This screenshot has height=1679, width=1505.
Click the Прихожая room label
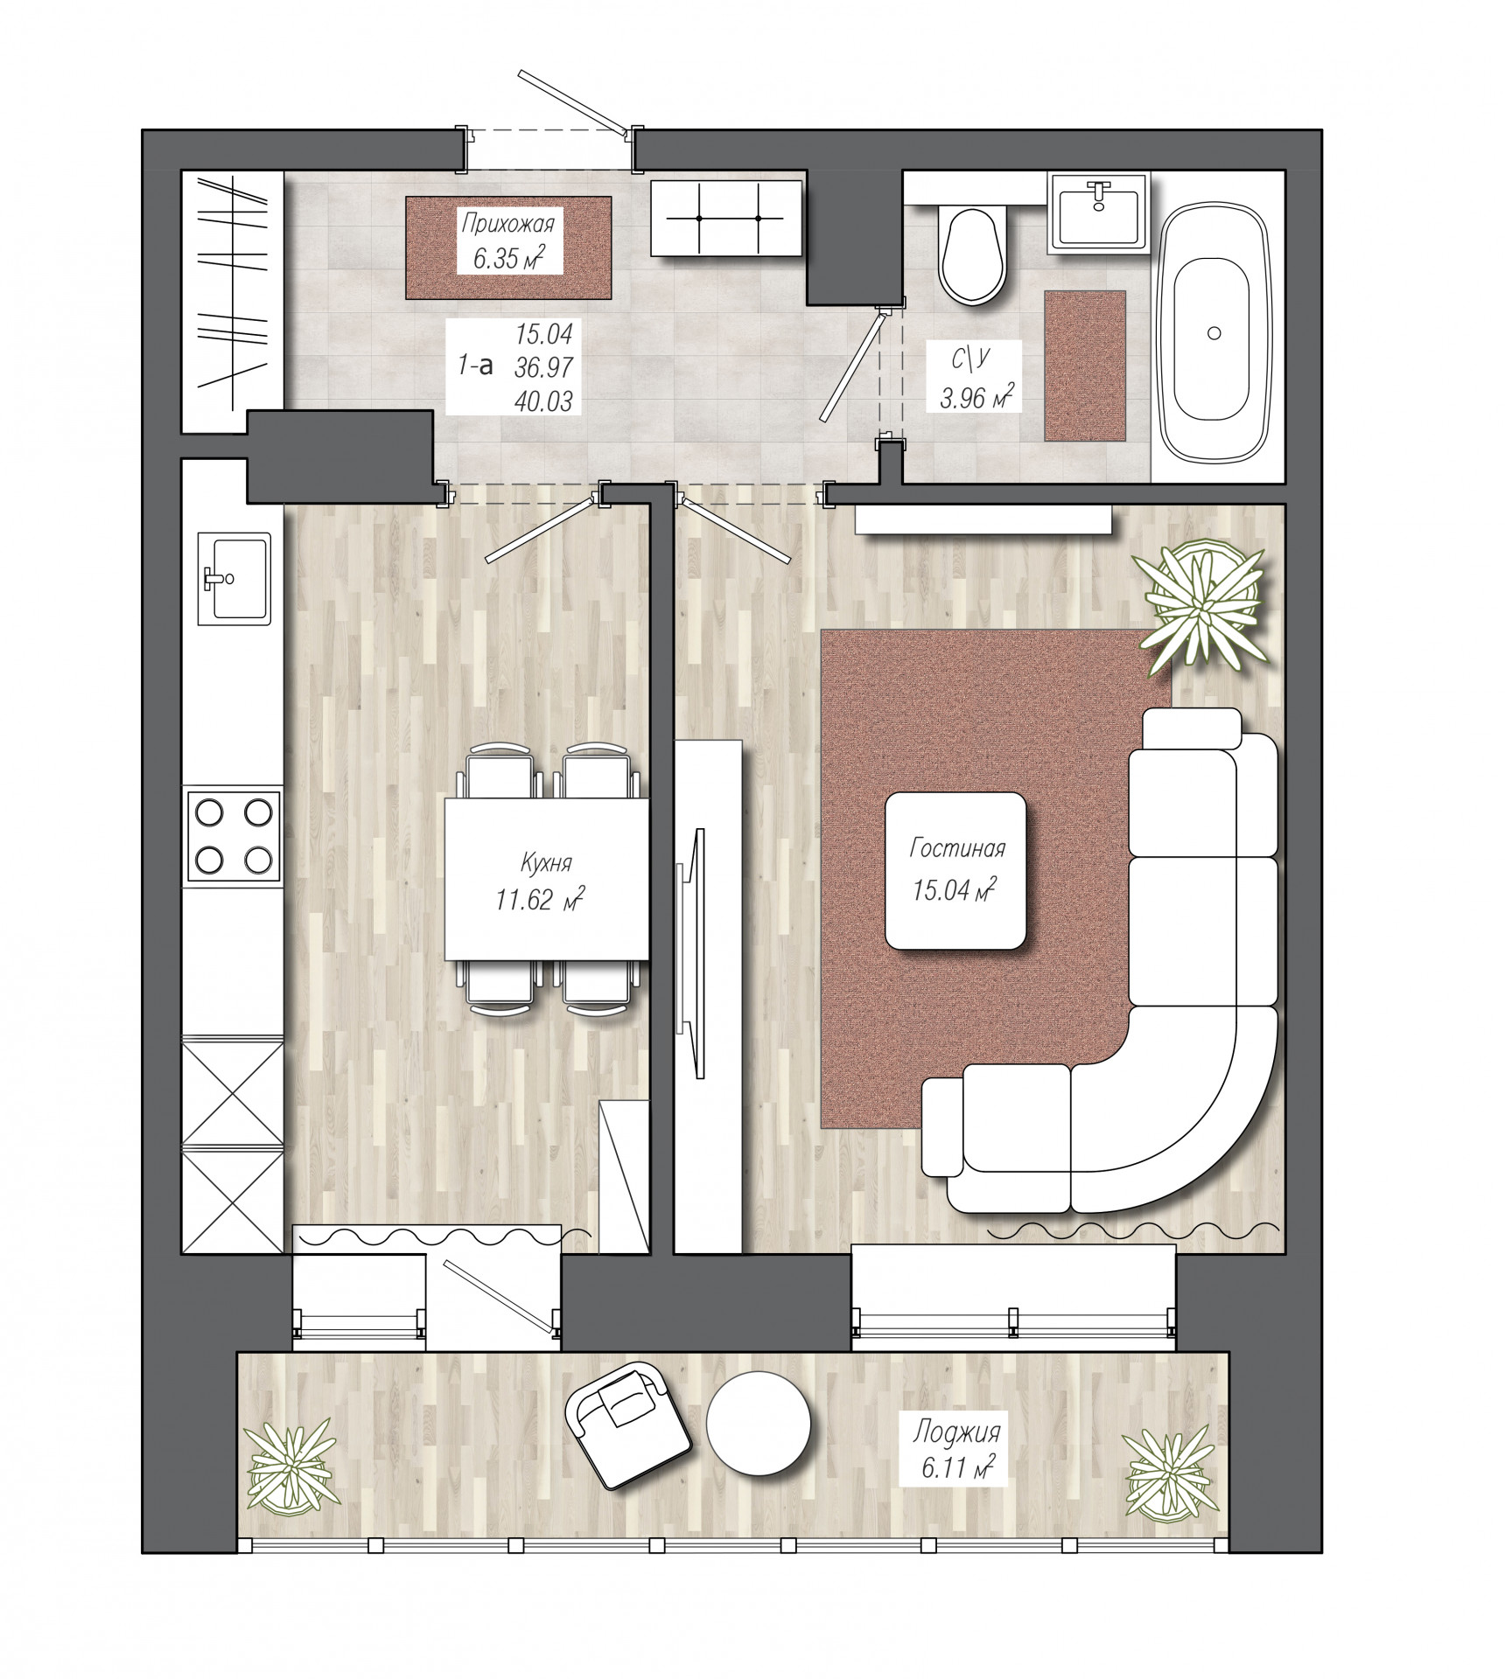(x=507, y=224)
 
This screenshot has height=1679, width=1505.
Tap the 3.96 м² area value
(x=976, y=397)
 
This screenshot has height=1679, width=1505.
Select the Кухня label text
(x=546, y=863)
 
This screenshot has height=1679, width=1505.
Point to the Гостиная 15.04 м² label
(x=956, y=869)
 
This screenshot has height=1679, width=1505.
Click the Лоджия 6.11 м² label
(x=956, y=1451)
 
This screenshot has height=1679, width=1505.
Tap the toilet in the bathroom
(x=971, y=253)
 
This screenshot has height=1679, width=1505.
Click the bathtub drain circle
(x=1214, y=332)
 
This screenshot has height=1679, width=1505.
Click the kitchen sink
(x=234, y=578)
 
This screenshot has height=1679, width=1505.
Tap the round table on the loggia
(x=758, y=1424)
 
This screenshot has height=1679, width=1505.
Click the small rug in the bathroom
(x=1084, y=366)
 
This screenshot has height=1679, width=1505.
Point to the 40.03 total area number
(x=543, y=401)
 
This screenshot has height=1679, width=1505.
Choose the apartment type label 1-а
(x=475, y=365)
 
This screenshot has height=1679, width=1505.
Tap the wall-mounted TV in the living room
(x=691, y=953)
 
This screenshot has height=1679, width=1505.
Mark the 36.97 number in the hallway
(x=543, y=367)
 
